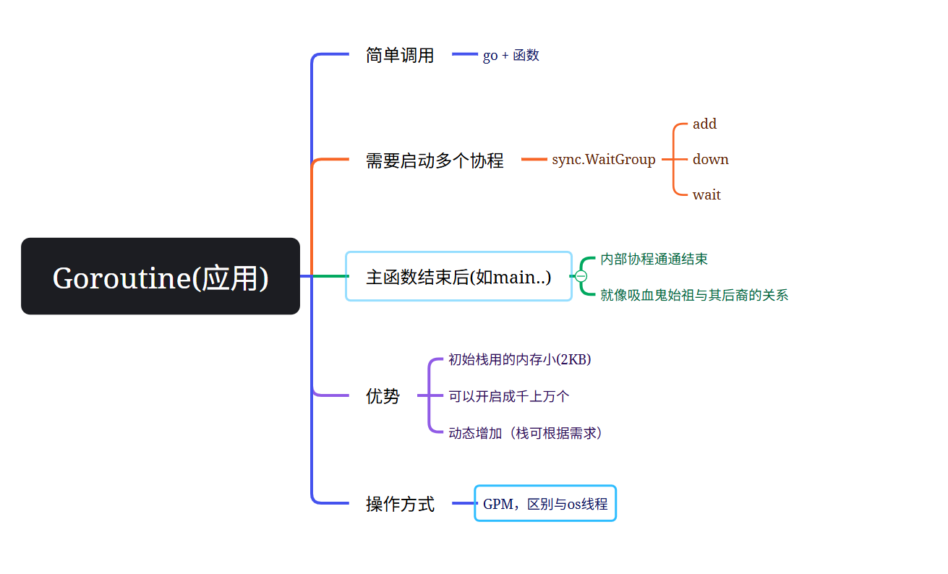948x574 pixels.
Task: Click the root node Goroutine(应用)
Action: coord(161,277)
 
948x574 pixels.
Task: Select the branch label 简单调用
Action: coord(400,56)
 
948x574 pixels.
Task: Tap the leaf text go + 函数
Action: coord(511,56)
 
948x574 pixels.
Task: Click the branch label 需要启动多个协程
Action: coord(435,160)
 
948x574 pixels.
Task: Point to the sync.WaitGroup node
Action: coord(603,160)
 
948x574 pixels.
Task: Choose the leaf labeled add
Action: coord(704,124)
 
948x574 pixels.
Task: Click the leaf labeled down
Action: coord(710,160)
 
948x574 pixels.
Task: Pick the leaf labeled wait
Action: coord(706,195)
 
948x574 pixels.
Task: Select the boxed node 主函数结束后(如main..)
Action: coord(458,277)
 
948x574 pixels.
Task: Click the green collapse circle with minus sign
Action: coord(581,276)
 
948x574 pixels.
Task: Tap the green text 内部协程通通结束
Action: coord(654,259)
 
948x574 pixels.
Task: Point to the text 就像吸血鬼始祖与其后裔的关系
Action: coord(694,295)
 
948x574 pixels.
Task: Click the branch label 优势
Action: coord(383,396)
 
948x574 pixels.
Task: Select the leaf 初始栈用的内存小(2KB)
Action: coord(520,359)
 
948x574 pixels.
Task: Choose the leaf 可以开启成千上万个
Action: coord(509,396)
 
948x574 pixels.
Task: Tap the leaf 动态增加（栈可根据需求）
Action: coord(526,433)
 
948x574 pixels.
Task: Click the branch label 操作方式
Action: coord(400,504)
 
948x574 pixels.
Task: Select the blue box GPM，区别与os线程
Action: coord(545,504)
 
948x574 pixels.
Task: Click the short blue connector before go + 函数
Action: coord(464,54)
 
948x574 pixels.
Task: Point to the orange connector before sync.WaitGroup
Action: coord(534,160)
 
